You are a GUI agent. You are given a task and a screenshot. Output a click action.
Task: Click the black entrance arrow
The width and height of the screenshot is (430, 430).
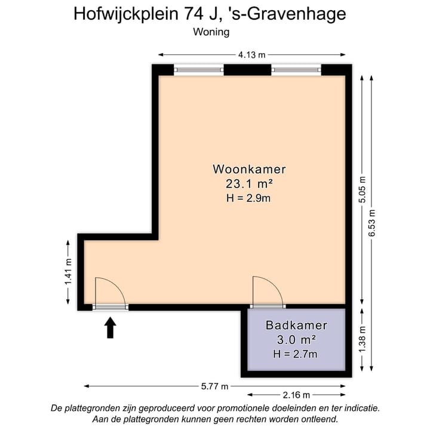(x=110, y=327)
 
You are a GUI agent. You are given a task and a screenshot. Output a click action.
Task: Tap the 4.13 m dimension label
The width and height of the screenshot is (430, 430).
(x=251, y=55)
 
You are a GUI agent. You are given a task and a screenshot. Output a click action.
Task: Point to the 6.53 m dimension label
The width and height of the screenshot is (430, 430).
(x=373, y=223)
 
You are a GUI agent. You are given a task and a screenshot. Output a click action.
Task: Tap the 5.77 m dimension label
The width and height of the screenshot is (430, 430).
(x=214, y=386)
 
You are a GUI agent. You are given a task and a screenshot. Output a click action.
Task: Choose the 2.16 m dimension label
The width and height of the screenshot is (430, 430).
(x=296, y=395)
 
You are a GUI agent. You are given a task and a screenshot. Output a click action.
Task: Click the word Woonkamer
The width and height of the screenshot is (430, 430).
(x=249, y=169)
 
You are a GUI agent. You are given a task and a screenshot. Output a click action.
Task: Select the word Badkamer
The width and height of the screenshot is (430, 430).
(x=296, y=325)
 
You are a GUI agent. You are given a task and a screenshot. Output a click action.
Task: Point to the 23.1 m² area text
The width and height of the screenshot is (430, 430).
(x=249, y=184)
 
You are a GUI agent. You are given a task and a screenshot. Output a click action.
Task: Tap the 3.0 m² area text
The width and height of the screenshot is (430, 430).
(x=296, y=340)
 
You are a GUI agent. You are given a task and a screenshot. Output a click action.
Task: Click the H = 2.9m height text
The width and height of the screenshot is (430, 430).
(x=249, y=198)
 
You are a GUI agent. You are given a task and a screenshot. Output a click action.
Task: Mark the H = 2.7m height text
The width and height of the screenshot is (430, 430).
(x=296, y=354)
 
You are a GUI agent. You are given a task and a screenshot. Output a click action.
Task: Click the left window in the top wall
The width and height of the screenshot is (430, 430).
(x=199, y=70)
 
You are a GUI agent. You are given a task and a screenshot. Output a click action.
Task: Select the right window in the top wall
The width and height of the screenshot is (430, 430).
(x=296, y=70)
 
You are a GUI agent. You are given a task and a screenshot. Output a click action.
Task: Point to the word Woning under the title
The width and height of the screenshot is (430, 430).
(x=211, y=32)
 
